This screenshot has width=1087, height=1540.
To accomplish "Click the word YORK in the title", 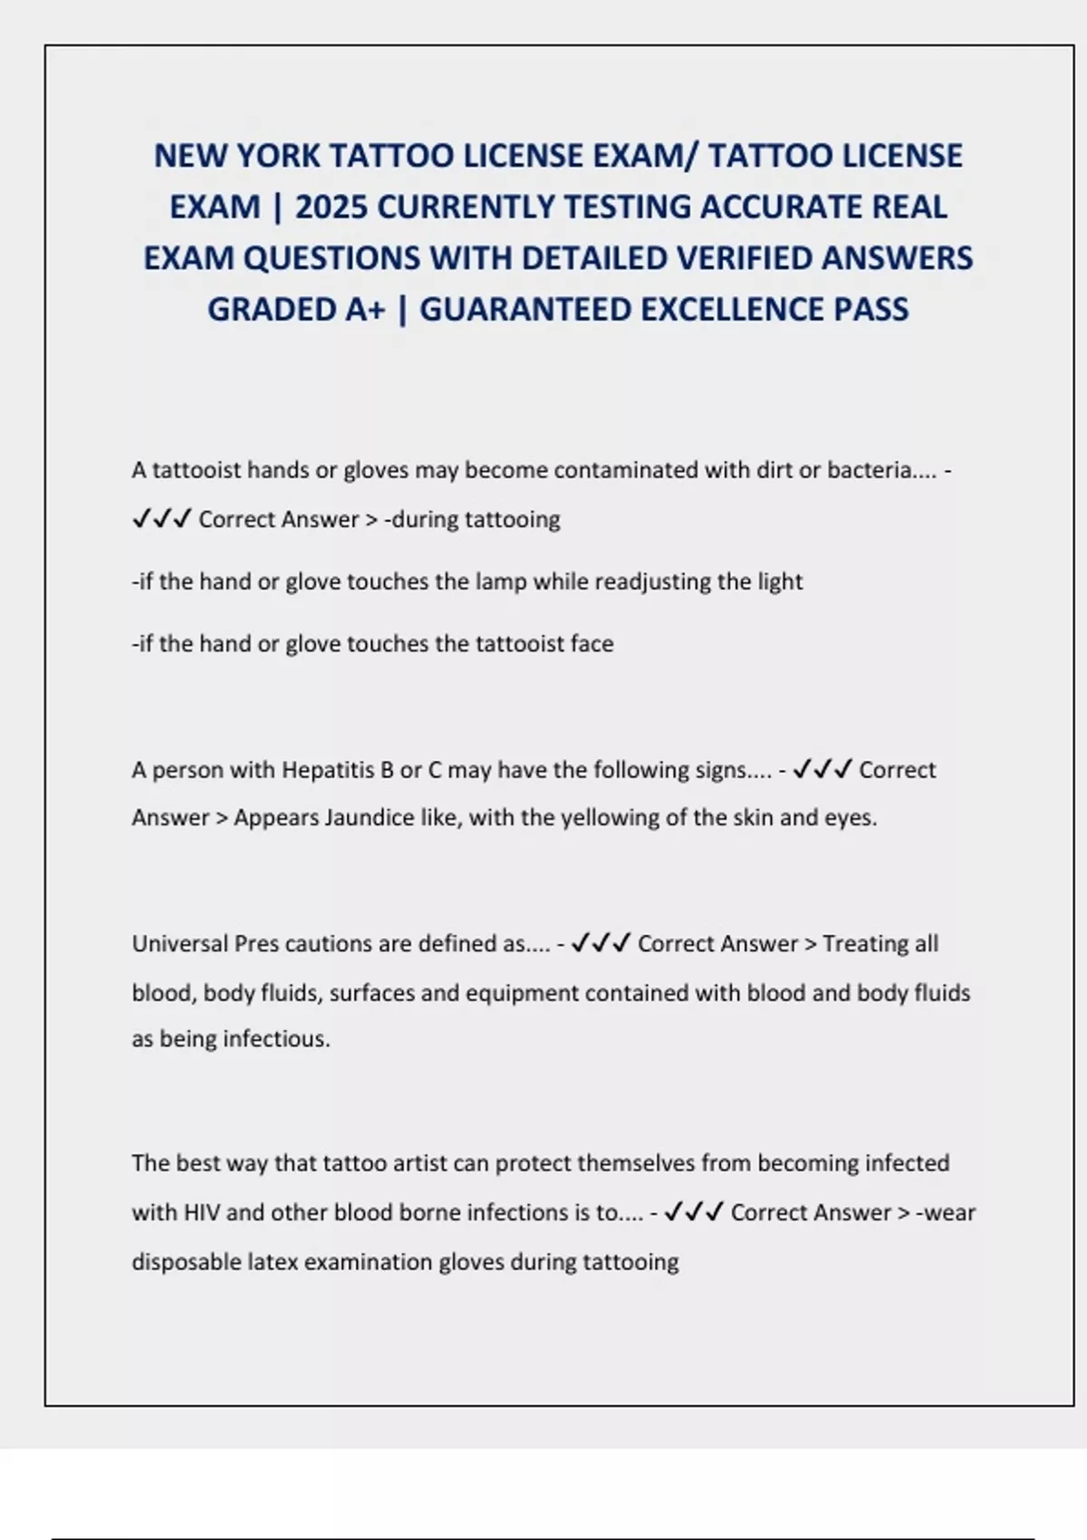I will pyautogui.click(x=277, y=156).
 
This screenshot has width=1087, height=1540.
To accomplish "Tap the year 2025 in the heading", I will pyautogui.click(x=331, y=207).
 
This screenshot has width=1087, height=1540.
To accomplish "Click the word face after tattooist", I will pyautogui.click(x=592, y=644).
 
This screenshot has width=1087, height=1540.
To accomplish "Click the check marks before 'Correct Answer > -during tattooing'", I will pyautogui.click(x=161, y=519).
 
